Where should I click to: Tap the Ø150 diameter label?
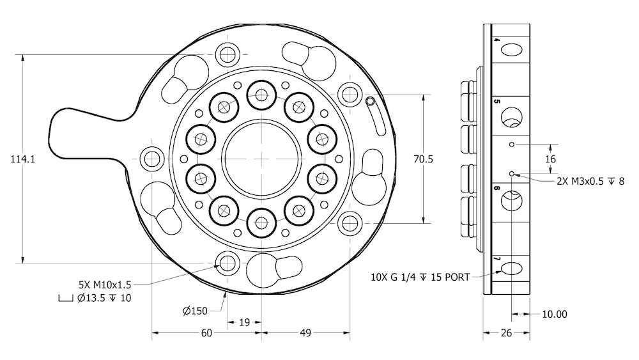(x=196, y=311)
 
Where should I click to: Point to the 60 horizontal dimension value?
(x=206, y=333)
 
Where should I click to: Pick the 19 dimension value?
(x=244, y=322)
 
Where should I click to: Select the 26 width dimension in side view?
(x=506, y=333)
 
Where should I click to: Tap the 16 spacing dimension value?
(x=551, y=159)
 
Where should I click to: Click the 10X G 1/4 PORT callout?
(x=420, y=277)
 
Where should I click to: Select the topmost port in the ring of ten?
(x=261, y=95)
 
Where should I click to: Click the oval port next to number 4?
(x=512, y=51)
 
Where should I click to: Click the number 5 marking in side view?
(x=496, y=102)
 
